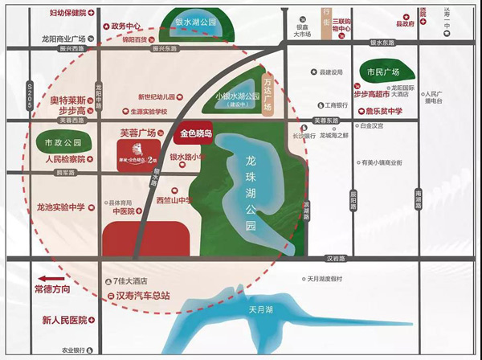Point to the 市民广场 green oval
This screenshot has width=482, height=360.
(x=382, y=73)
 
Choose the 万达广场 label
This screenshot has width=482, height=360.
(x=270, y=88)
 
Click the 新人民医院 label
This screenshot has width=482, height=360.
(x=66, y=320)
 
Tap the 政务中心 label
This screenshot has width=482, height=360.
(x=129, y=25)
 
